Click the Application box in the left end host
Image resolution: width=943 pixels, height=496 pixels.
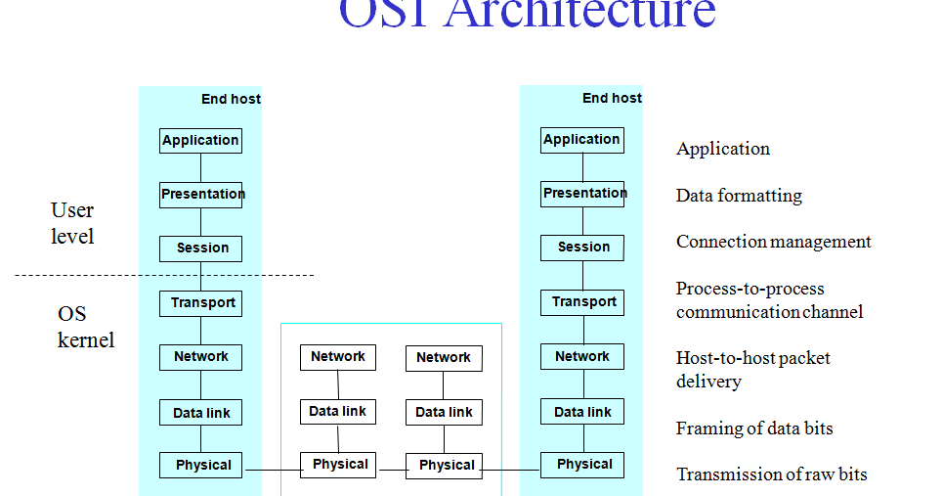tap(200, 141)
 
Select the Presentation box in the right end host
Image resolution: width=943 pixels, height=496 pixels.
tap(582, 194)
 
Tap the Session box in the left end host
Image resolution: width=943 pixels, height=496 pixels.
tap(200, 248)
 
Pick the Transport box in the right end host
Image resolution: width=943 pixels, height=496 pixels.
tap(582, 302)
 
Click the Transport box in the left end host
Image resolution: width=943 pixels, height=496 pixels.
tap(200, 303)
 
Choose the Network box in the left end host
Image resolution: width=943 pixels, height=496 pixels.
tap(200, 357)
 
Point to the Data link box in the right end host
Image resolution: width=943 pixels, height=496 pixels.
tap(582, 412)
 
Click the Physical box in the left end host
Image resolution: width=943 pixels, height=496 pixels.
tap(202, 466)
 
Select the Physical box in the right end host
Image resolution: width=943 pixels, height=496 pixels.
tap(583, 465)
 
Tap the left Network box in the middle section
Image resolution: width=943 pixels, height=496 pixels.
tap(337, 357)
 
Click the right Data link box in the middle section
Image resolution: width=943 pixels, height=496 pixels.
tap(444, 412)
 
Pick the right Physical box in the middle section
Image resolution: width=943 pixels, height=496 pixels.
tap(445, 466)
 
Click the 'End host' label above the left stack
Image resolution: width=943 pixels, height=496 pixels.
tap(231, 99)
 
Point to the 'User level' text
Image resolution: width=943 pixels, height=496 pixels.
tap(72, 223)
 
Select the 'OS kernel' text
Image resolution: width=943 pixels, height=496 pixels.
tap(85, 327)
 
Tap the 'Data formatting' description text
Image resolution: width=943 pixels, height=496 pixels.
tap(739, 196)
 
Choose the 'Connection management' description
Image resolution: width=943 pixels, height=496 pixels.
tap(773, 242)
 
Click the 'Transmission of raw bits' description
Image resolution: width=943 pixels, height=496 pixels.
tap(771, 474)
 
